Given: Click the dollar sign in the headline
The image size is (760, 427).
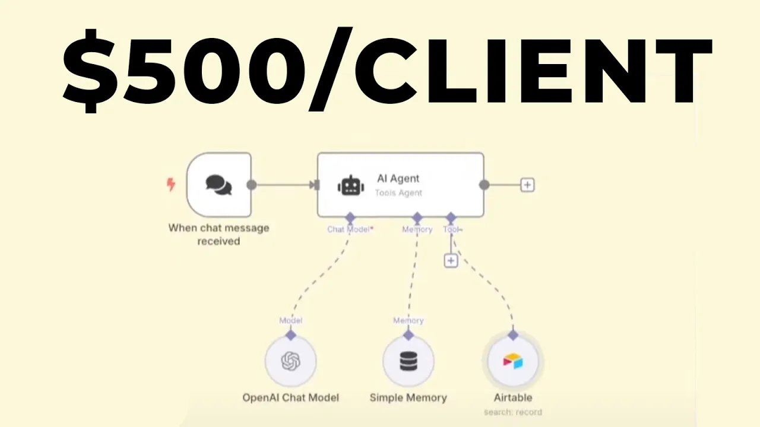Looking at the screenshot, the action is tap(91, 71).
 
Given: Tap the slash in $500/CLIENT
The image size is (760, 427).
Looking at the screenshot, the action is tap(331, 68).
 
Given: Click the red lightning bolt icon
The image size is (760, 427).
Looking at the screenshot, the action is tap(171, 184).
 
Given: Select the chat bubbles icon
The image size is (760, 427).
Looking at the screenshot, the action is tap(219, 185).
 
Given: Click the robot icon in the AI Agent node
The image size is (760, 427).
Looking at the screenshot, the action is tap(351, 186).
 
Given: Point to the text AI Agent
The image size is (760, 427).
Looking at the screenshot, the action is tap(398, 179).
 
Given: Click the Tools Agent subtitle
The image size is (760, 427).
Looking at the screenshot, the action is tap(398, 193).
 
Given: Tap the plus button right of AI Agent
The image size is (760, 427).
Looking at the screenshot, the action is tap(527, 185).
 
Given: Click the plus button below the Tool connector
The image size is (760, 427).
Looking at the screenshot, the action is tap(451, 260).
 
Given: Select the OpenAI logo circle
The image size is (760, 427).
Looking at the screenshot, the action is tap(291, 361).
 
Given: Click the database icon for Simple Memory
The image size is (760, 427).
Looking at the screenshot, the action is tap(408, 361).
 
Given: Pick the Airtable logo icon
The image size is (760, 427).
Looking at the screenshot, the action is tap(513, 361).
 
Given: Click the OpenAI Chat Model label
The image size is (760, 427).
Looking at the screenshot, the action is tap(291, 397).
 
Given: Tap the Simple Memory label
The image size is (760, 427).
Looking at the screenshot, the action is tap(408, 397).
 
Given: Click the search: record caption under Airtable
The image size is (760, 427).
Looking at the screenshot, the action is tap(513, 412).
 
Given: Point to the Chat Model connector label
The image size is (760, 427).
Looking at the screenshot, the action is tap(350, 230).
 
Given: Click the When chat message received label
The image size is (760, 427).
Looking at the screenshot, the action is tap(219, 234).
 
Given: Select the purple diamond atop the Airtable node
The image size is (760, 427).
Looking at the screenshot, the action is tap(513, 335).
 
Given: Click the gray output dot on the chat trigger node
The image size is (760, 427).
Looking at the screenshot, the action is tap(251, 185).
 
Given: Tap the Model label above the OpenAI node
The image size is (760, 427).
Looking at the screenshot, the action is tap(291, 320).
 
